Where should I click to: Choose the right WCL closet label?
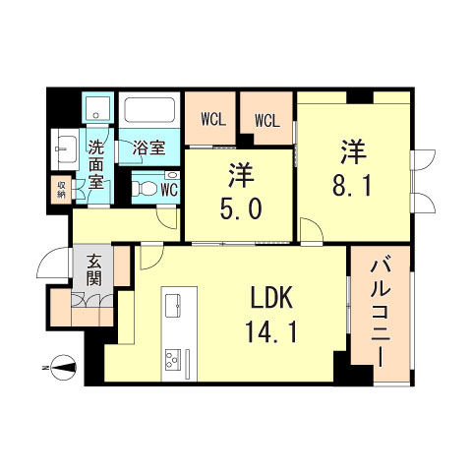point(267,120)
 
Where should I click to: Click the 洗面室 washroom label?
point(96,164)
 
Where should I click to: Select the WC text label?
point(168,187)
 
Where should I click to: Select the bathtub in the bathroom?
point(149,111)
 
